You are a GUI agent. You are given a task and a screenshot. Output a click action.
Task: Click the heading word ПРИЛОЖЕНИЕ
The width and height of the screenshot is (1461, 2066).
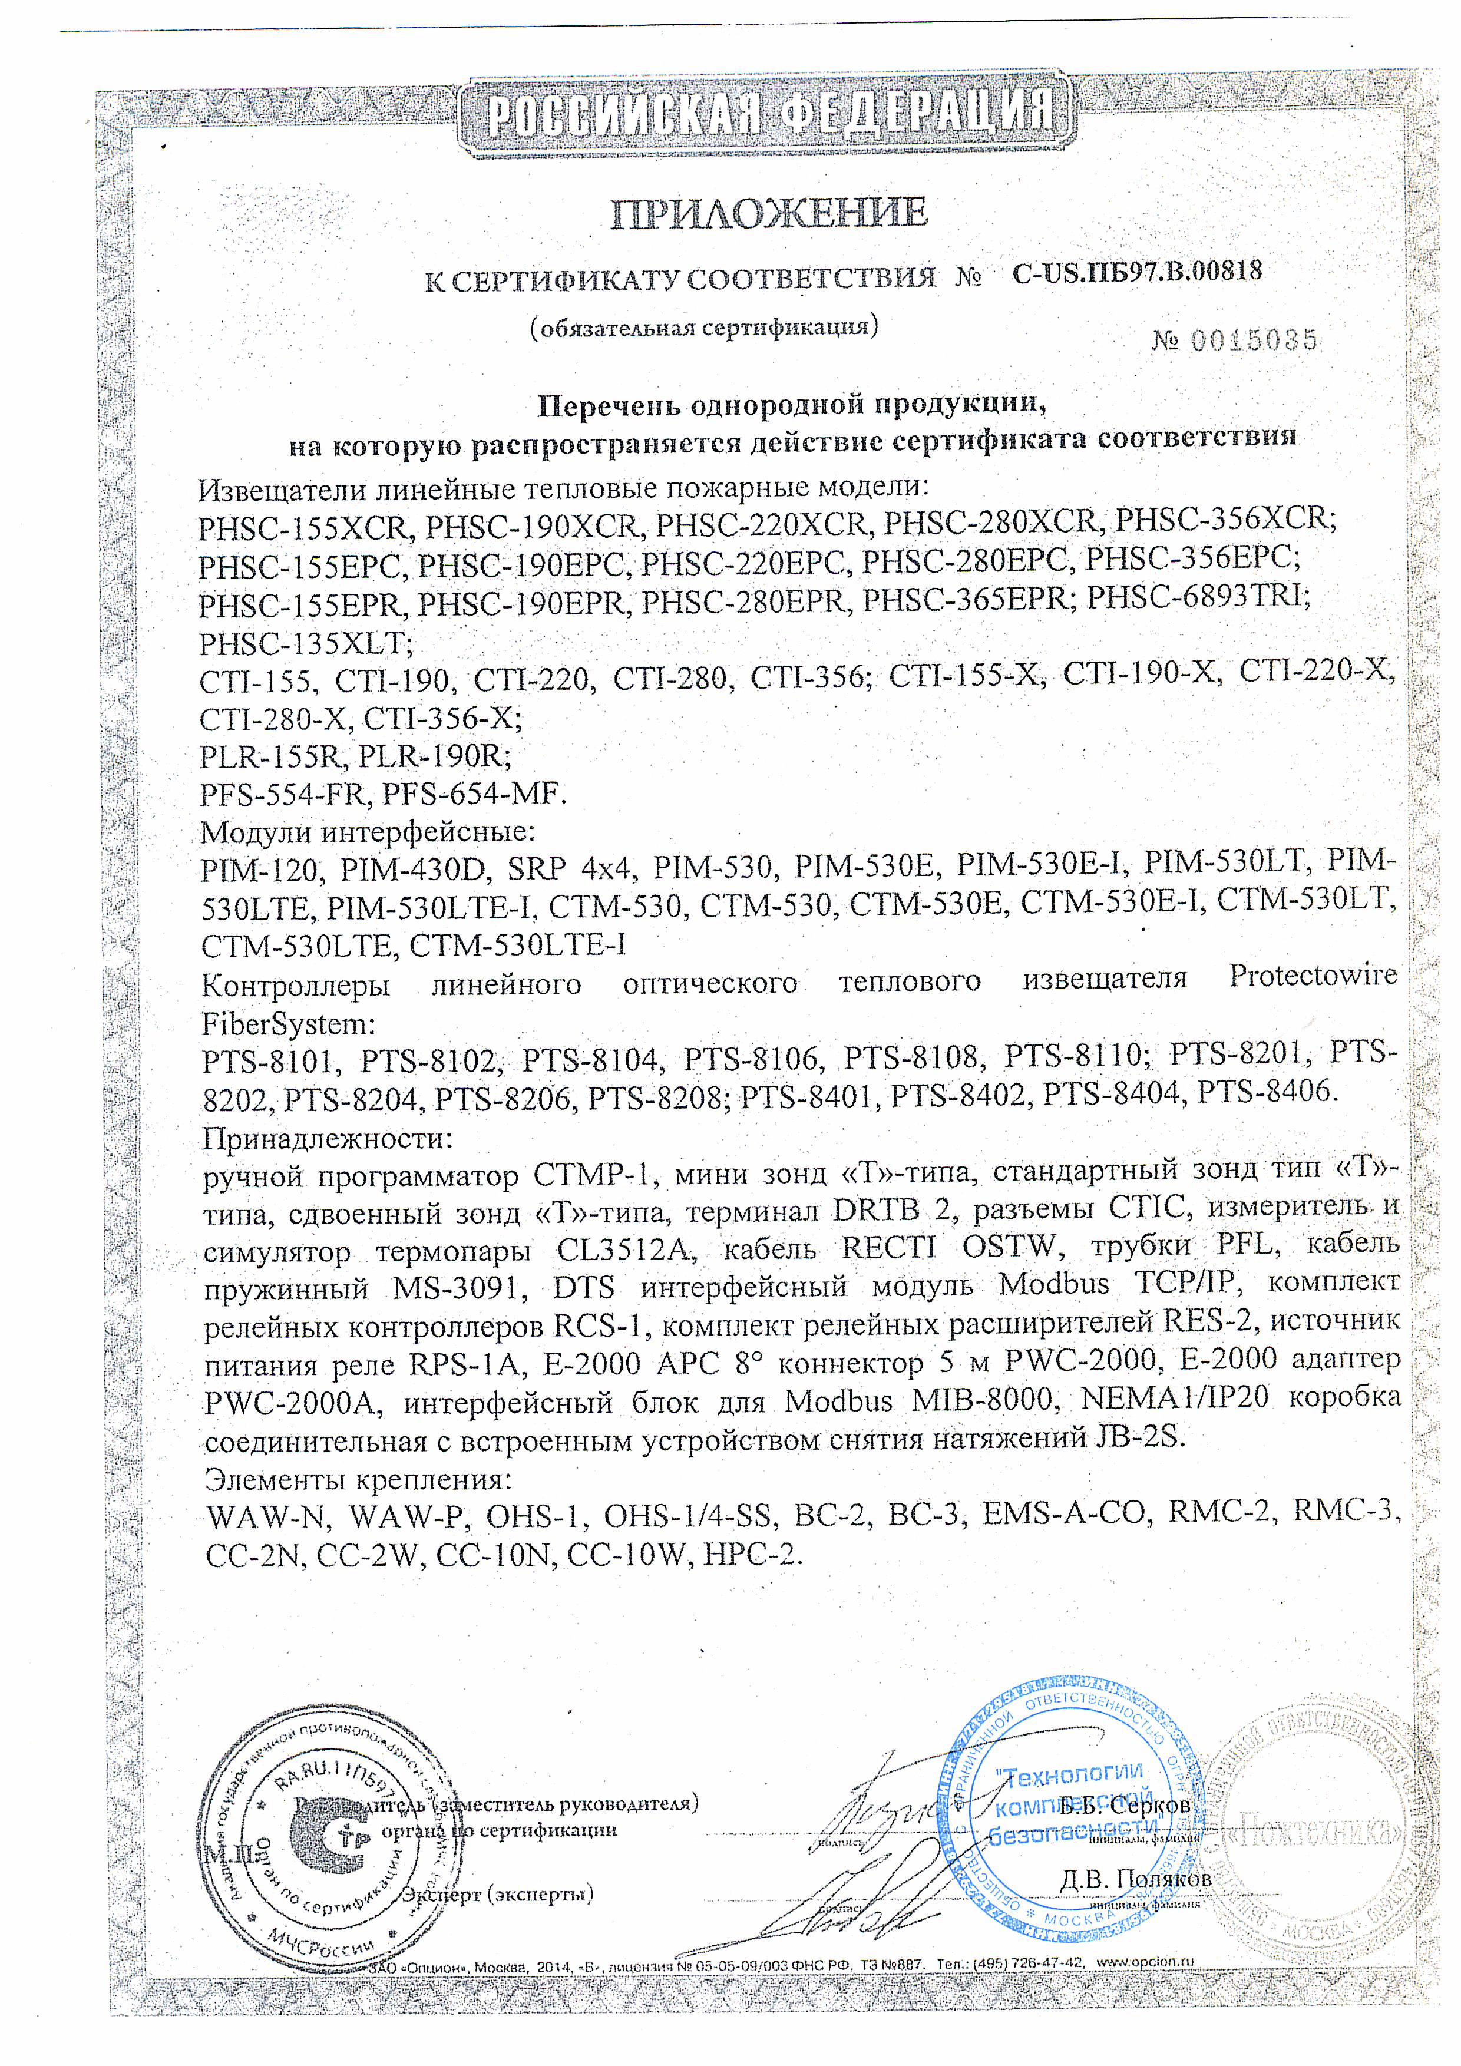[769, 213]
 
